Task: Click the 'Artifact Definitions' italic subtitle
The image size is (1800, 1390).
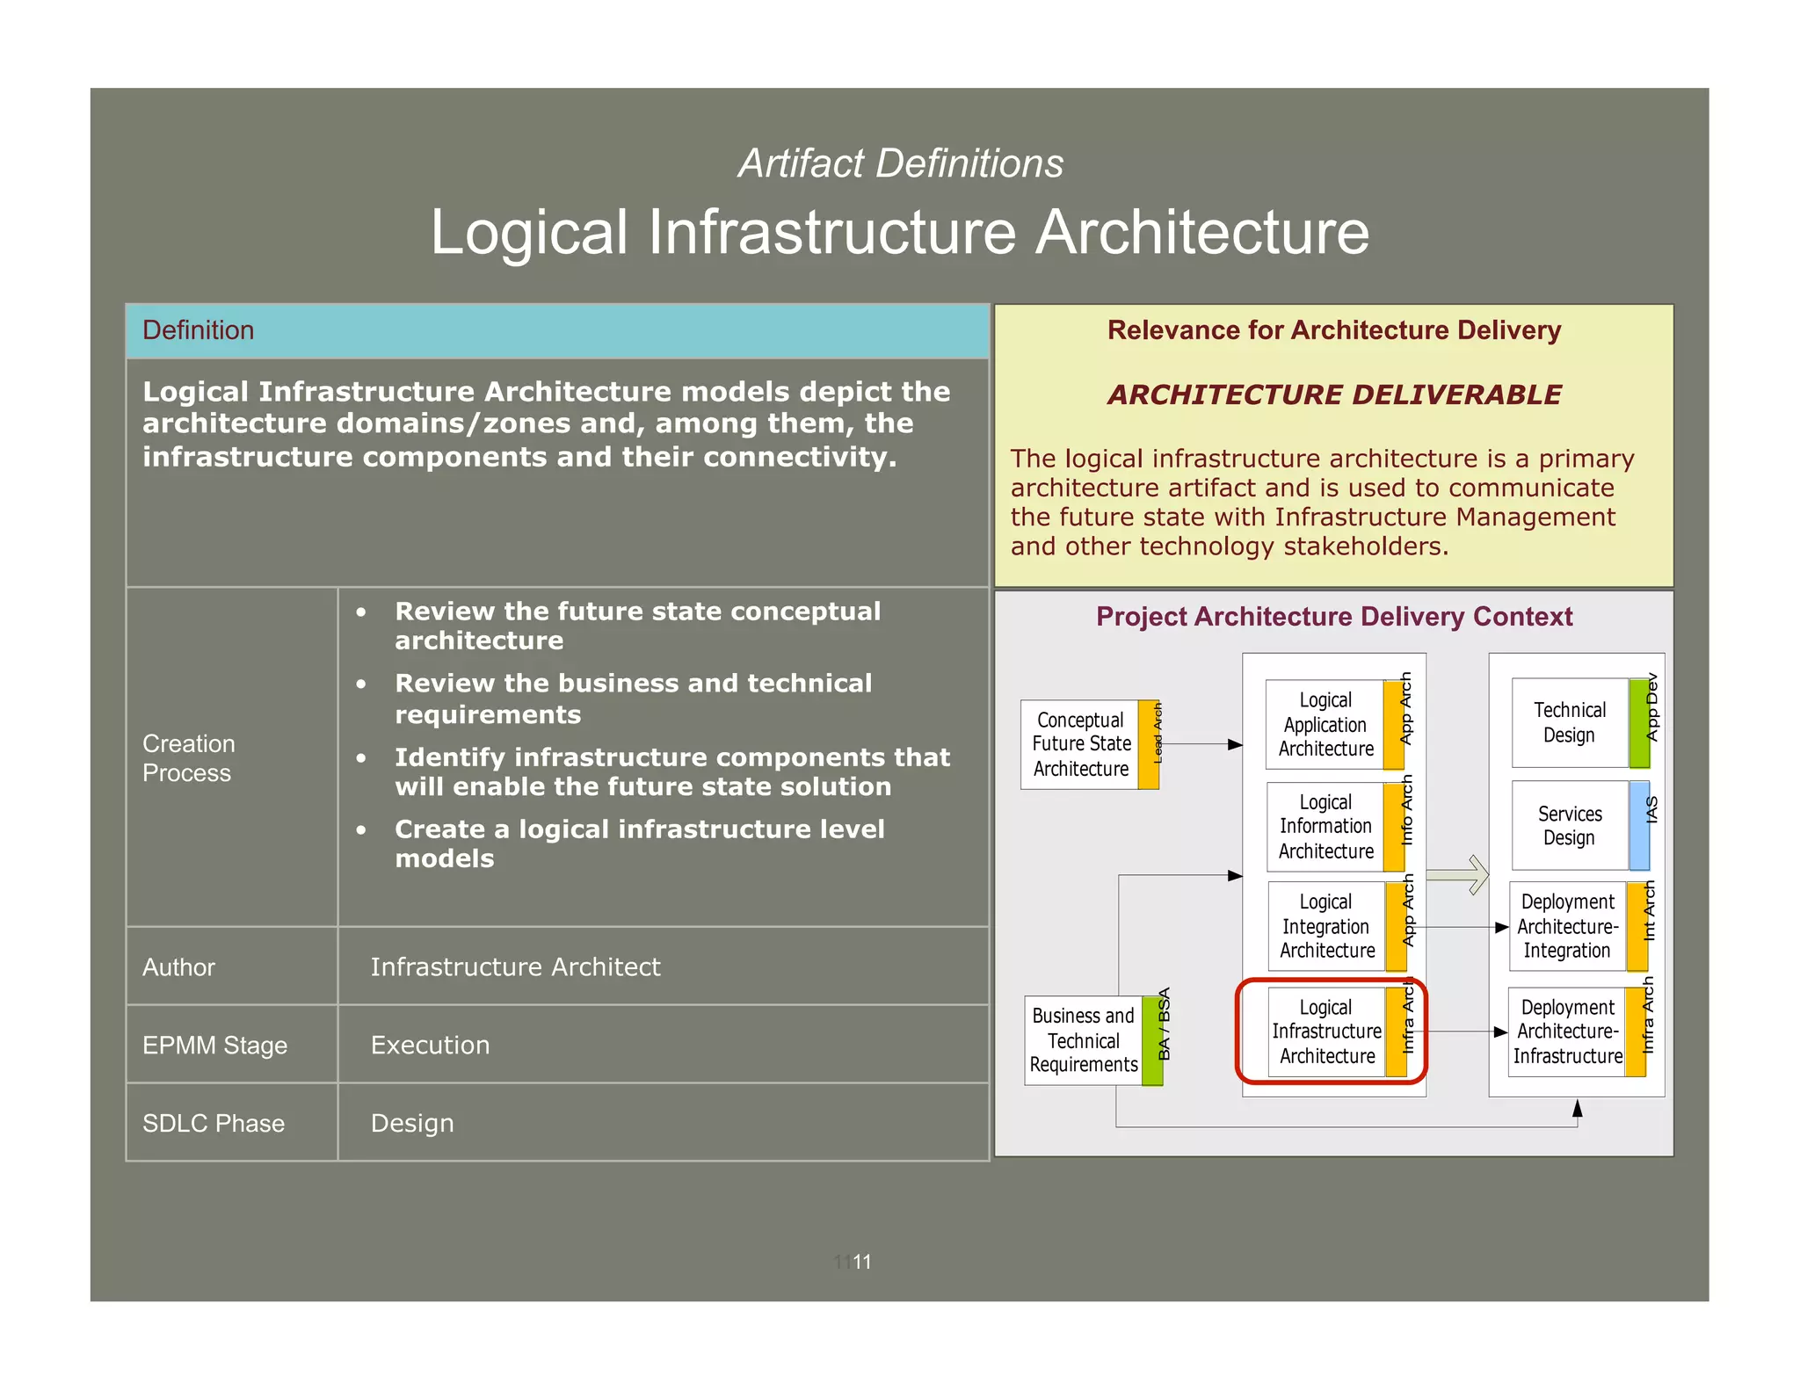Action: (x=900, y=163)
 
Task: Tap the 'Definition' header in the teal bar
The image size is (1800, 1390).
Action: (x=198, y=330)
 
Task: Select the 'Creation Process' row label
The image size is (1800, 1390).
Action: (x=188, y=758)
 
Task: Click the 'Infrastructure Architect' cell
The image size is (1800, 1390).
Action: (x=515, y=966)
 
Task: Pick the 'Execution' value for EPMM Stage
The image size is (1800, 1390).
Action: (x=430, y=1045)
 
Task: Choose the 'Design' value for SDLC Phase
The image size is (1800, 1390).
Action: (x=412, y=1123)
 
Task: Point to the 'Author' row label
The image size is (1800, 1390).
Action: (x=178, y=967)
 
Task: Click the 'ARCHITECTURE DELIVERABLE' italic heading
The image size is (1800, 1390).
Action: (x=1333, y=395)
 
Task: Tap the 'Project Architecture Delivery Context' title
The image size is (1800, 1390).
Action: (x=1333, y=617)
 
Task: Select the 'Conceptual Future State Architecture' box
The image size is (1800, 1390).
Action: (x=1081, y=744)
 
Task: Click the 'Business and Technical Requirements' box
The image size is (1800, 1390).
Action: (x=1084, y=1040)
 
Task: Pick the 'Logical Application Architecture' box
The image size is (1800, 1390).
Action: (x=1325, y=725)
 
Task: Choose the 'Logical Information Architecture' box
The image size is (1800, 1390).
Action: (x=1325, y=827)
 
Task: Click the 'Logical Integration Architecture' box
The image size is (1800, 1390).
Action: (x=1326, y=926)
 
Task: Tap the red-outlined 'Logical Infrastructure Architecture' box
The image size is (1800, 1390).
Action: (x=1327, y=1032)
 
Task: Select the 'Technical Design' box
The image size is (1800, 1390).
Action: (x=1570, y=722)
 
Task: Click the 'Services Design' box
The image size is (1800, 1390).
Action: (x=1570, y=826)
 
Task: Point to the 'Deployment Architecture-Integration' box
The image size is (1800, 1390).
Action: (x=1567, y=926)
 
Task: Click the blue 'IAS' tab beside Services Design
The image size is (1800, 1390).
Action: (x=1640, y=826)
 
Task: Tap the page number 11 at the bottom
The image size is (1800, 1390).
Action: (x=861, y=1262)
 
